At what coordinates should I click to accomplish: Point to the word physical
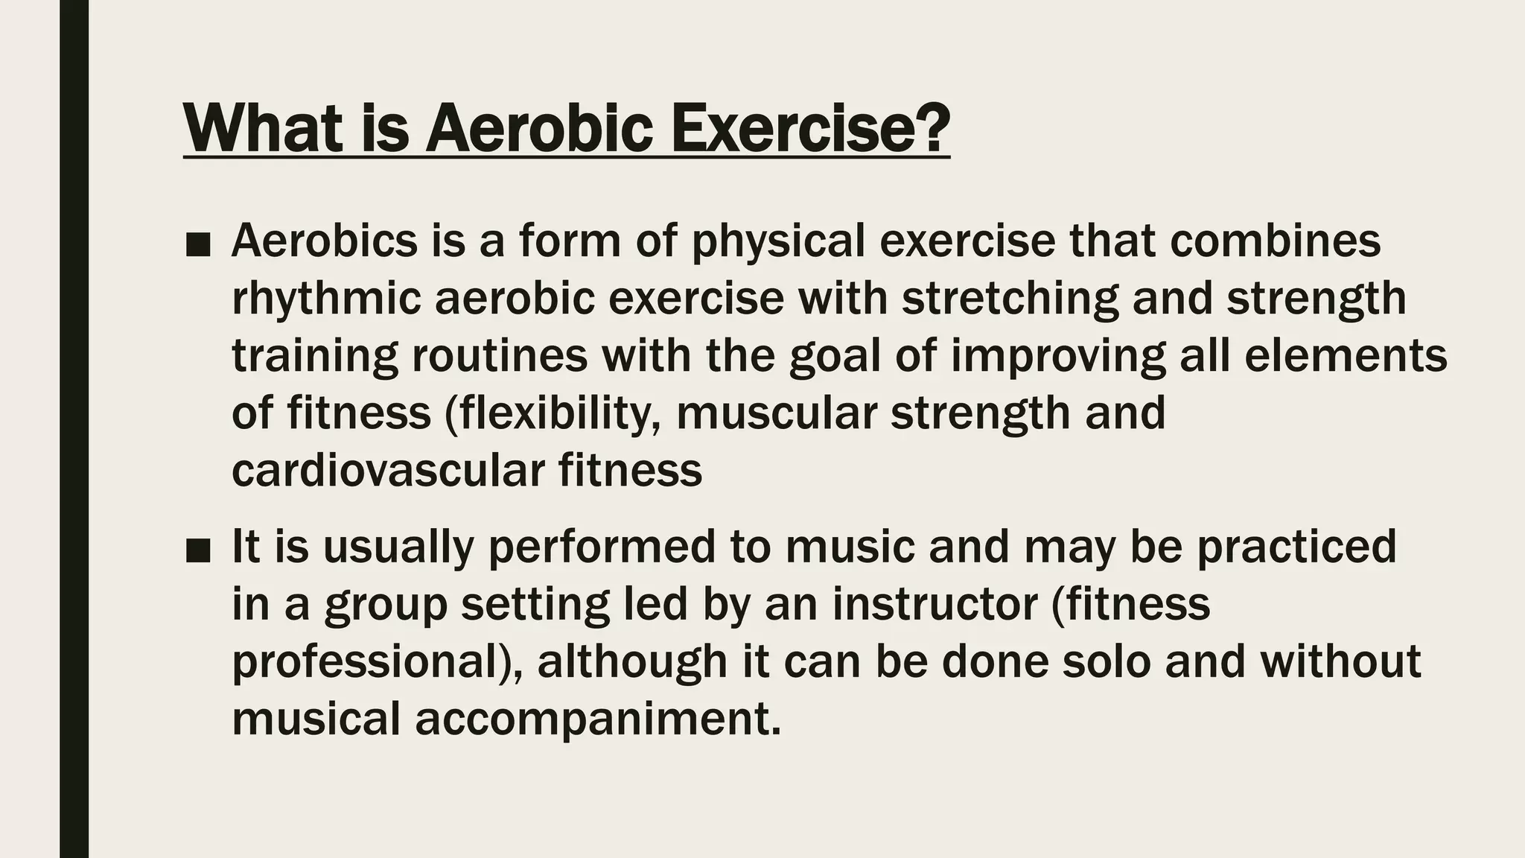pyautogui.click(x=778, y=241)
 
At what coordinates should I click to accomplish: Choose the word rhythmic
pyautogui.click(x=325, y=299)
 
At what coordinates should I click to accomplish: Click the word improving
pyautogui.click(x=1057, y=356)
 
